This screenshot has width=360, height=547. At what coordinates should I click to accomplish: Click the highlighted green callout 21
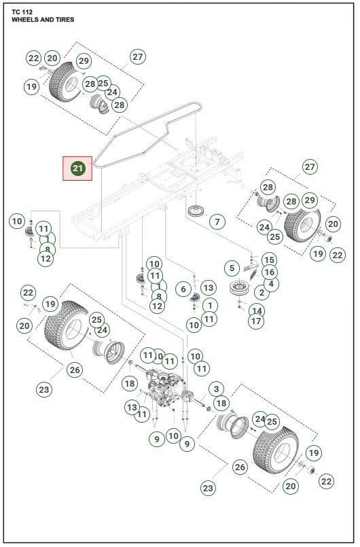[x=77, y=168]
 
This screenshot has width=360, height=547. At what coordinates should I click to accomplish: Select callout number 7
[x=216, y=222]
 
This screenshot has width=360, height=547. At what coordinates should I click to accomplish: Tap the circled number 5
[x=232, y=268]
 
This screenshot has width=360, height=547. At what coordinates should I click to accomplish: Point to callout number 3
[x=216, y=389]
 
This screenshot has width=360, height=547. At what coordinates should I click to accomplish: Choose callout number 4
[x=272, y=284]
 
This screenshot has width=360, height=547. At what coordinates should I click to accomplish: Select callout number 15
[x=269, y=260]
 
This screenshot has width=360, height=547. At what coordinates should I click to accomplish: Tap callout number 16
[x=269, y=272]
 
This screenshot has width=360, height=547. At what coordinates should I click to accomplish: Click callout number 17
[x=255, y=321]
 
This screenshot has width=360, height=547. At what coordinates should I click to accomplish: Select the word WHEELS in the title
[x=29, y=20]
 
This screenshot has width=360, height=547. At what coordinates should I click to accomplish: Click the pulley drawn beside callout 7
[x=196, y=209]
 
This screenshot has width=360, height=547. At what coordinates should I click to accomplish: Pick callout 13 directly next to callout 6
[x=208, y=289]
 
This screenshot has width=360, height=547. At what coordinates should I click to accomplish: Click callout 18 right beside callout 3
[x=221, y=403]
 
